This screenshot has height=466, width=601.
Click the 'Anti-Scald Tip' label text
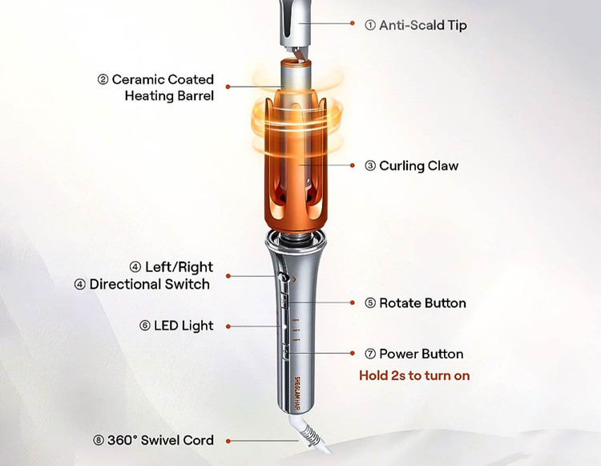(423, 26)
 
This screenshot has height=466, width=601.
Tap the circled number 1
(370, 26)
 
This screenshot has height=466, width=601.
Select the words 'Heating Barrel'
(169, 95)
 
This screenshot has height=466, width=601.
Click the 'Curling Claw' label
(418, 166)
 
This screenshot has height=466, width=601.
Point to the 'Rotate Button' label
(422, 303)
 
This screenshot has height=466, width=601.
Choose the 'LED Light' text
(184, 326)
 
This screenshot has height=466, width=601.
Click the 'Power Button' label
(422, 354)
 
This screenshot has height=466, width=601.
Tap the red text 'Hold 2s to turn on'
(414, 375)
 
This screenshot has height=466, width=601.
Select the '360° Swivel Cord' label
(160, 440)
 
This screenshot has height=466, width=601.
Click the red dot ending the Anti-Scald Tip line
(353, 23)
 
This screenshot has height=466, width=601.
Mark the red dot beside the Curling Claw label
(353, 165)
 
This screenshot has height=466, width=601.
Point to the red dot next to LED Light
(228, 326)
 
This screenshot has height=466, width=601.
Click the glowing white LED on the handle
(284, 326)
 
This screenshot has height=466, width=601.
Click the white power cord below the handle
(310, 435)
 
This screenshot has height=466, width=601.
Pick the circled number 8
(99, 440)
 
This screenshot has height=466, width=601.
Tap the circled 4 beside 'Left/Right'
(135, 267)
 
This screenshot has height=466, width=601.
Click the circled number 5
(370, 303)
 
